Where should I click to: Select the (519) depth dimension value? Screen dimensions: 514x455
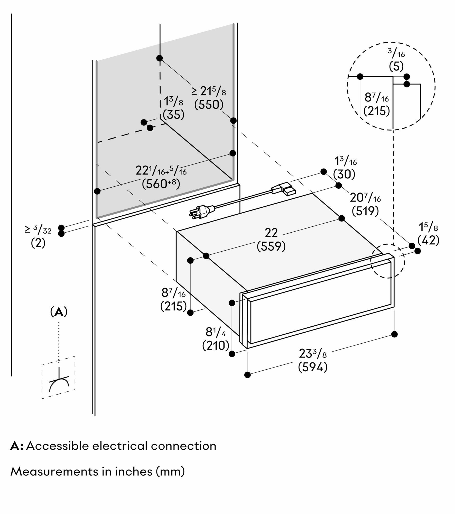tap(365, 211)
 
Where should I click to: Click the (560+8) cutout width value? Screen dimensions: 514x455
tap(161, 183)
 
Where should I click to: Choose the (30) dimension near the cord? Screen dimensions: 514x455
tap(344, 175)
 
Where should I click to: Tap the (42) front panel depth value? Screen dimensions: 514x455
tap(428, 240)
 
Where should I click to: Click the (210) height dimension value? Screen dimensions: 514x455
tap(216, 345)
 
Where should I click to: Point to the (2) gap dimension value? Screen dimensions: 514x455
tap(38, 243)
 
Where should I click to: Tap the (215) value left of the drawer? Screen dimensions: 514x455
tap(173, 306)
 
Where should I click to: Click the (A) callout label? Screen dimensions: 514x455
tap(59, 312)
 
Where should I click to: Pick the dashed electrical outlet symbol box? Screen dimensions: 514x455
tap(58, 377)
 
